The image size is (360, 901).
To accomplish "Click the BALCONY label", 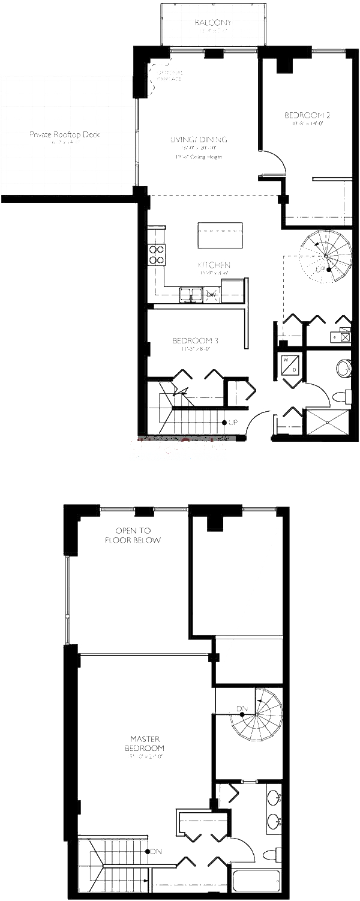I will tap(213, 23).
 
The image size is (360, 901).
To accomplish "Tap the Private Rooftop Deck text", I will tap(64, 134).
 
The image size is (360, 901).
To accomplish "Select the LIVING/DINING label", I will tap(199, 140).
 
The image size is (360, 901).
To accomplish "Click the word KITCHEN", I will tap(214, 265).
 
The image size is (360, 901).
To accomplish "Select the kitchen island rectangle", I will tap(220, 235).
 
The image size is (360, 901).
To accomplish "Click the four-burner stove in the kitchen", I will tap(157, 255).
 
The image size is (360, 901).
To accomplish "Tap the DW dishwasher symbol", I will tap(211, 295).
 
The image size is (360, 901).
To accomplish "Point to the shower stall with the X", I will tap(327, 422).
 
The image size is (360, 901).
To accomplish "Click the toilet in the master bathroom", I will tap(275, 854).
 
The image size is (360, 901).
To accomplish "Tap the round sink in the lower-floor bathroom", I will tap(344, 368).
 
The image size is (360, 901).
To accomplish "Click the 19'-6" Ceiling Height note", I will tap(199, 157).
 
